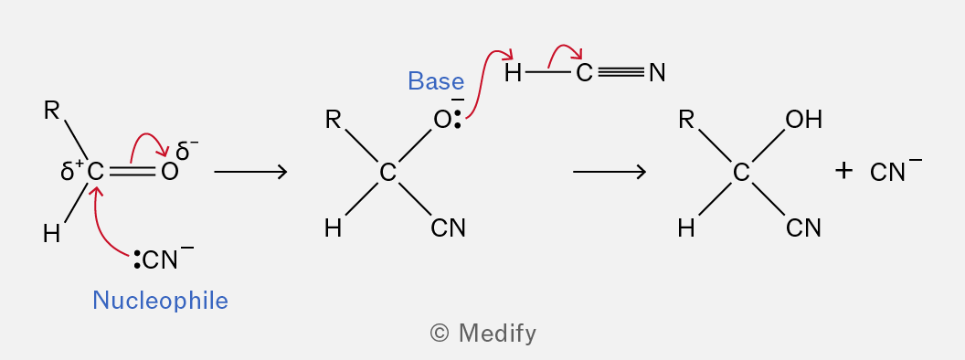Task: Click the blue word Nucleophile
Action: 160,301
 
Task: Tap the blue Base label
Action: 436,81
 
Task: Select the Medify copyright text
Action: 483,333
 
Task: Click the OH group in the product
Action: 804,120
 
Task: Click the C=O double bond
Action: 133,172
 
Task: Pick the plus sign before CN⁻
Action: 843,171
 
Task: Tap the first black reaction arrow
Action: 250,171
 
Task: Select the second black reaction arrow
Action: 610,171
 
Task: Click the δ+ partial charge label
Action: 72,171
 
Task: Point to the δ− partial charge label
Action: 187,150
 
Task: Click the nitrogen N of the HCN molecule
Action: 657,73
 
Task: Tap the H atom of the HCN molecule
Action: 513,73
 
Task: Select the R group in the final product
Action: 686,120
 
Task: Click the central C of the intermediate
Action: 387,173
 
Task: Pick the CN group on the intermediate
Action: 448,228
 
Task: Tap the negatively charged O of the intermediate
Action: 442,120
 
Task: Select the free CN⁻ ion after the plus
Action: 896,171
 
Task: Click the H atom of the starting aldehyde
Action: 52,234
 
